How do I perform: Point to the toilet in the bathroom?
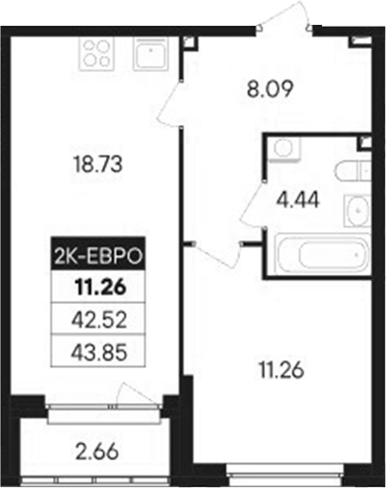click(x=352, y=173)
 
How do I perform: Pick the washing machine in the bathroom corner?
click(x=281, y=148)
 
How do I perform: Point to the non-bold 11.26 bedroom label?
click(x=277, y=369)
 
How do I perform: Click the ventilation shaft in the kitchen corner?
click(x=188, y=42)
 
